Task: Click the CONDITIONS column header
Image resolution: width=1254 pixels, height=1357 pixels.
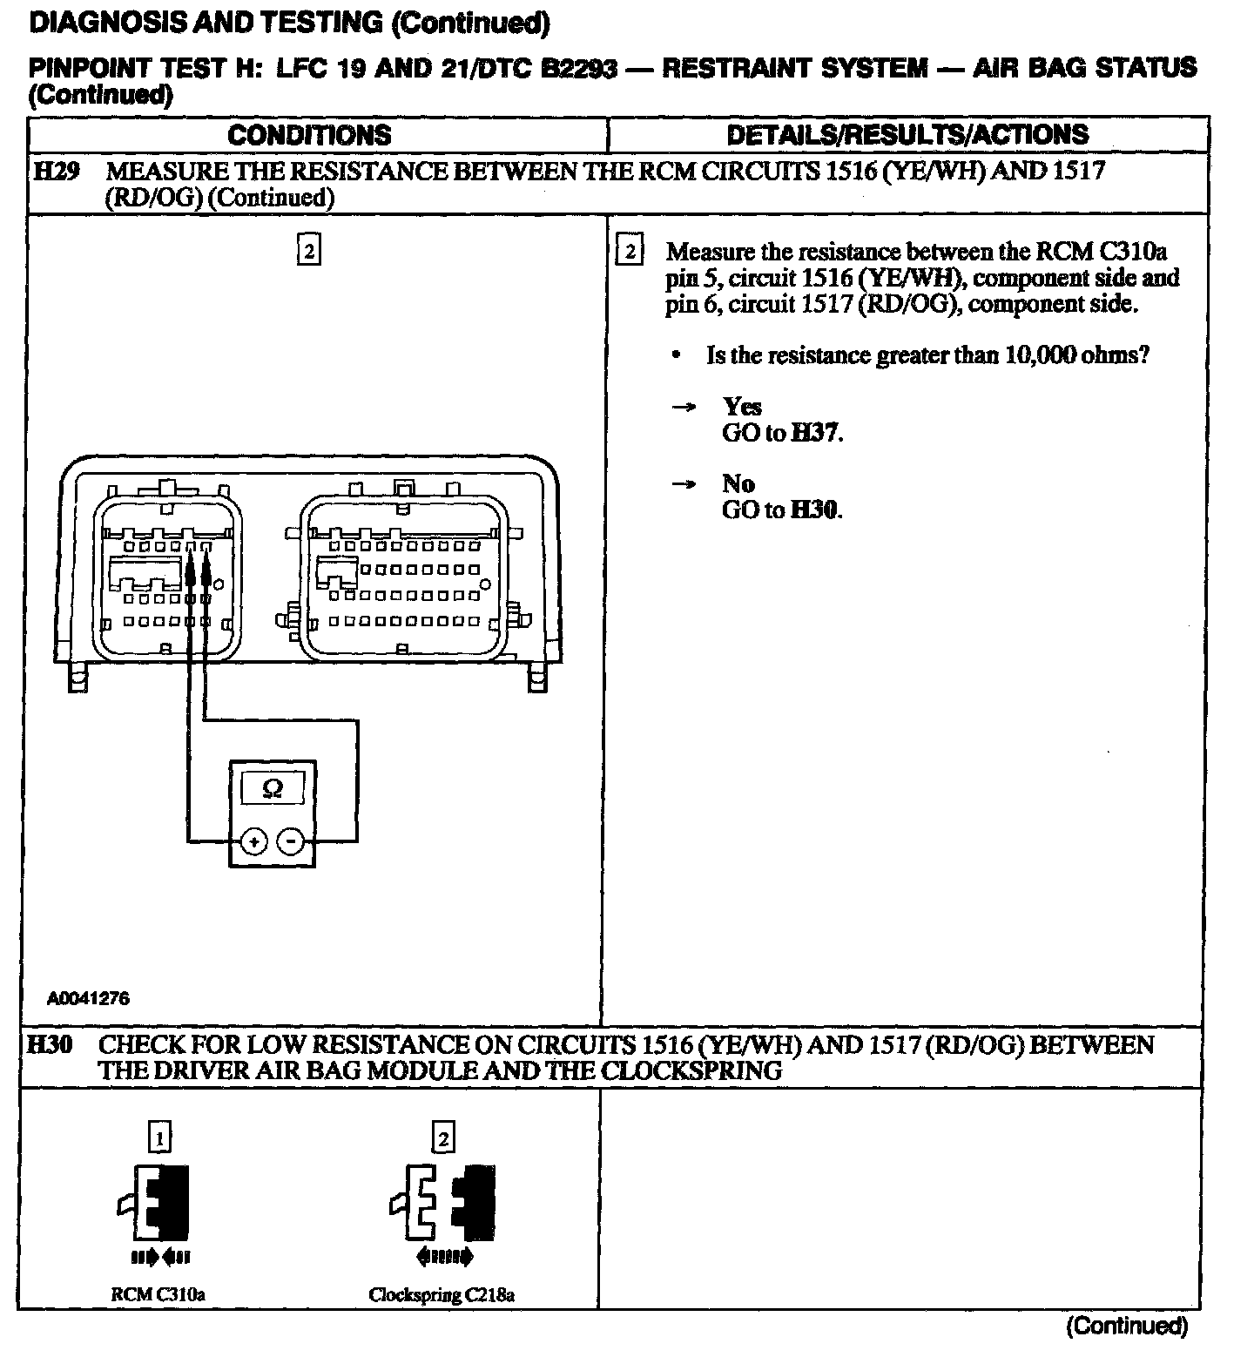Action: click(x=309, y=135)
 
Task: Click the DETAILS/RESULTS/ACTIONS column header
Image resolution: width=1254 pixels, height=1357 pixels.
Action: click(x=907, y=135)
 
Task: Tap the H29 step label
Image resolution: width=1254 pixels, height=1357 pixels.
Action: click(x=56, y=171)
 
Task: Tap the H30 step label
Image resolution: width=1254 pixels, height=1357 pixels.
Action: click(x=50, y=1044)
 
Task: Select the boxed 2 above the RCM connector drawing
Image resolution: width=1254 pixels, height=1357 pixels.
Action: click(x=308, y=251)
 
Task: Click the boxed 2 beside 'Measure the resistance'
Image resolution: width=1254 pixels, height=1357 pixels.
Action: click(x=630, y=253)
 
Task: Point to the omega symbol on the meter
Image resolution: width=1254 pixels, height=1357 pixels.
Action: click(x=273, y=789)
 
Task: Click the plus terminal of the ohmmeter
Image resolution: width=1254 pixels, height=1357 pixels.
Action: click(x=253, y=841)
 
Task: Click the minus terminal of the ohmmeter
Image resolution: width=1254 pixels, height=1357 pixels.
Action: click(x=291, y=841)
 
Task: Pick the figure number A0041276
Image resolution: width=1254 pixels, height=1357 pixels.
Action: click(x=88, y=999)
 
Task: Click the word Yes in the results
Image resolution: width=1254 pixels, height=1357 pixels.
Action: click(x=742, y=407)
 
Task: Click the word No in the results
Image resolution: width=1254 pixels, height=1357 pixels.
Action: click(x=738, y=484)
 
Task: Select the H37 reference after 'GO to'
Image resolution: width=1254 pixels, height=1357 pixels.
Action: click(x=815, y=433)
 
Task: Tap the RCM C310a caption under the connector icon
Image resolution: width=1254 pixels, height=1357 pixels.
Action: click(x=158, y=1294)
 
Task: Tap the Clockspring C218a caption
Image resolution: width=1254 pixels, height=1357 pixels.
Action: click(x=442, y=1294)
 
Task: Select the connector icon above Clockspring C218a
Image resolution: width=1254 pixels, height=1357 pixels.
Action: click(x=442, y=1202)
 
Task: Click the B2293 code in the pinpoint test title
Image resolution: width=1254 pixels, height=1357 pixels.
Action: click(x=579, y=69)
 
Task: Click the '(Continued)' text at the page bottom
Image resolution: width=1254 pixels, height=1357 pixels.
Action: click(x=1127, y=1327)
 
